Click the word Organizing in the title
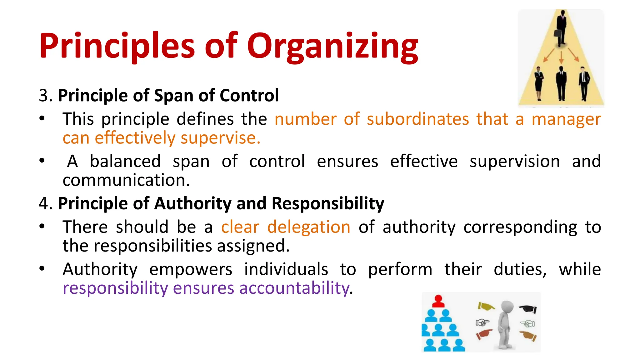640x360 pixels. (332, 47)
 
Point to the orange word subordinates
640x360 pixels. (418, 119)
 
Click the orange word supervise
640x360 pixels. (220, 138)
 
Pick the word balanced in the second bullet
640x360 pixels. (125, 162)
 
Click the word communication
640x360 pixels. (126, 180)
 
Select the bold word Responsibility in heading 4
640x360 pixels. (328, 203)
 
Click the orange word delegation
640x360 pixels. (309, 227)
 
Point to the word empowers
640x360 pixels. (191, 269)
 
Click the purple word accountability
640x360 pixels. (294, 288)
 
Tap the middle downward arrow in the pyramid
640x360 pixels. (561, 57)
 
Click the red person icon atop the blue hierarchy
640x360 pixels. (438, 301)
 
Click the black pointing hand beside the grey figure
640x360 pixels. (528, 309)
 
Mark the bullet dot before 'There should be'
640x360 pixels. (42, 227)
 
